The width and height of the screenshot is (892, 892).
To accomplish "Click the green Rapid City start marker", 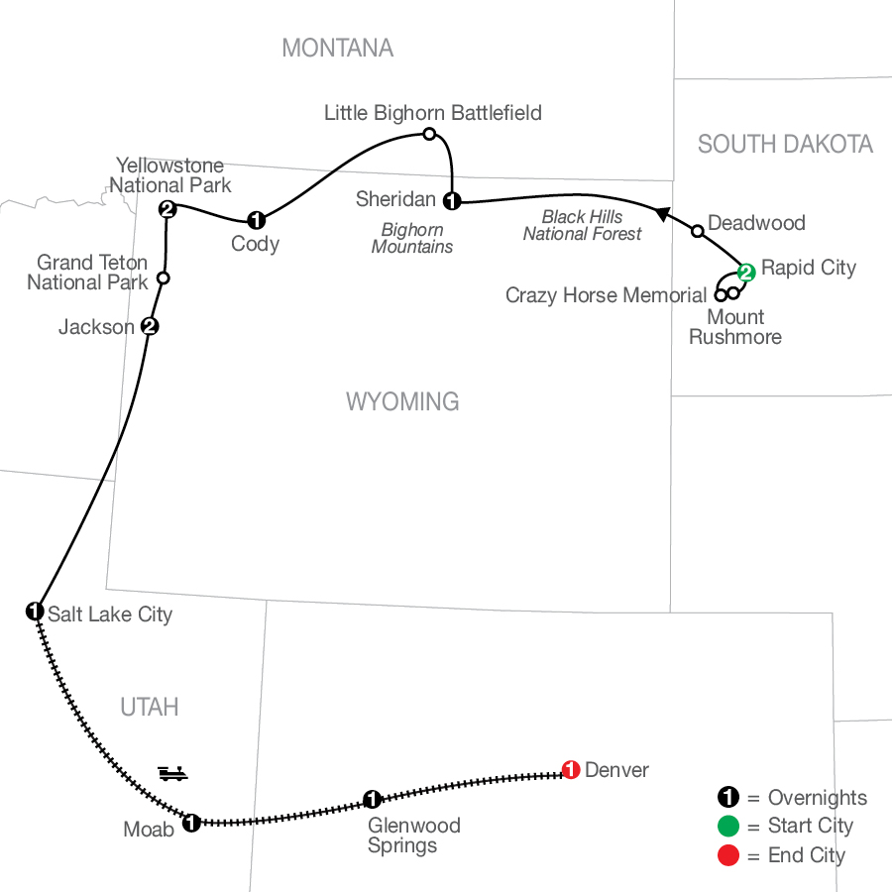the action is point(745,273).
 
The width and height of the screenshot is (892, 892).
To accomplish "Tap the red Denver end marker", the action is point(571,770).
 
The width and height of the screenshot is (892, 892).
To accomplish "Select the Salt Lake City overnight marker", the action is point(35,612).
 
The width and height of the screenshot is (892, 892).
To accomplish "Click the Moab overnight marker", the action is point(191,823).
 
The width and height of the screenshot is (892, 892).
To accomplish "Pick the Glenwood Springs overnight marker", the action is point(372,799).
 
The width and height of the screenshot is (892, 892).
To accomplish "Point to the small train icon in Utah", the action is point(172,773).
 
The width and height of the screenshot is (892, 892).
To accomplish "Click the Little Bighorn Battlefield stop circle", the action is point(429,134).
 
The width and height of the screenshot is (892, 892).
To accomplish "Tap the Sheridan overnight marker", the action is point(452,201).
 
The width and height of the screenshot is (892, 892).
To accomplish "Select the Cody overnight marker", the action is point(256,220).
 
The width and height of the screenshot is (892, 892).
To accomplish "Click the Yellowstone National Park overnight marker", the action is point(167,209).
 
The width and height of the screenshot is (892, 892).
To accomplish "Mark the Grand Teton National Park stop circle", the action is point(164,279).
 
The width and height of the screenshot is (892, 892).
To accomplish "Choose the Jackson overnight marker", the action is point(150,326).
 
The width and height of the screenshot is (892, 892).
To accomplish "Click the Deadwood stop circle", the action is point(698,231).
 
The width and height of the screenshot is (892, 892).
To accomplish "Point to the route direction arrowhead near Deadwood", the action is point(662,213).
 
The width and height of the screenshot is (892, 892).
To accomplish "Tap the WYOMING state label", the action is point(402,401).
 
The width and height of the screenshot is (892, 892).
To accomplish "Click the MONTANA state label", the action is point(338,49).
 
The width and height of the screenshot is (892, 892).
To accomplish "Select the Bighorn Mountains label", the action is point(412,238).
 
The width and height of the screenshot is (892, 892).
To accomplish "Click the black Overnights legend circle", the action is point(728,797).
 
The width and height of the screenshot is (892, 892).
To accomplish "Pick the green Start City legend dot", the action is point(728,826).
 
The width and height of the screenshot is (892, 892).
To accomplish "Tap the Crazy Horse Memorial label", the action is point(606,295).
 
